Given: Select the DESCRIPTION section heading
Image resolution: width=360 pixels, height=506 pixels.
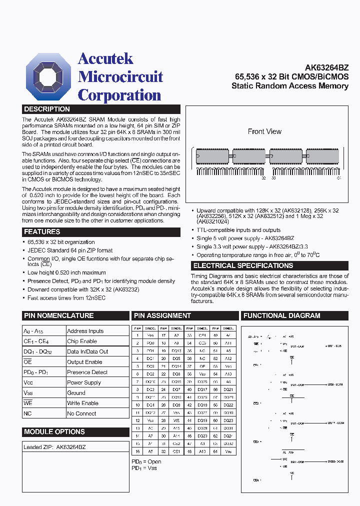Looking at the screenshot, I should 47,109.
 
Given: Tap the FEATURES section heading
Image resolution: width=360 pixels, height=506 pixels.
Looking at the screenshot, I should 42,232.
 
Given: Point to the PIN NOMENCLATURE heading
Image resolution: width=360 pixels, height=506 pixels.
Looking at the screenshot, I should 58,315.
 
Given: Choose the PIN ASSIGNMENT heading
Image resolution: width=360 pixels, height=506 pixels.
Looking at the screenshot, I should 161,315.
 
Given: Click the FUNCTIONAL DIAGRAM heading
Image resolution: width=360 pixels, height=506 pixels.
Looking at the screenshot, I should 281,315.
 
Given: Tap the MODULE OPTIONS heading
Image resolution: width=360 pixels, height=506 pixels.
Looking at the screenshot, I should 54,431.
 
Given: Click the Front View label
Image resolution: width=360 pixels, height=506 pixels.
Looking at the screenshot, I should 264,131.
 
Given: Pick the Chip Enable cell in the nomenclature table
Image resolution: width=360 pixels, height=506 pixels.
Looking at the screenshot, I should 82,341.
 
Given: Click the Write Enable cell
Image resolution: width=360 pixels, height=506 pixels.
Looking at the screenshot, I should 82,403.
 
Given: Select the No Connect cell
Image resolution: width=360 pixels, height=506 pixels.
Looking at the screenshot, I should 81,413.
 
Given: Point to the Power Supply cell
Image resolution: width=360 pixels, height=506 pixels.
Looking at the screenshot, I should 84,382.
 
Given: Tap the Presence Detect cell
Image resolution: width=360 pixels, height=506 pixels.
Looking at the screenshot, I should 87,372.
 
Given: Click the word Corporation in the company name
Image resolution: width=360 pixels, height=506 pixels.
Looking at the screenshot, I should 119,95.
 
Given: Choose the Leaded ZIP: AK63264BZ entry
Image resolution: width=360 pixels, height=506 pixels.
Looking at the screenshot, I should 54,447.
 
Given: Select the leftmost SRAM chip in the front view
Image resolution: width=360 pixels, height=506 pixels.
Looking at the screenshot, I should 211,157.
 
